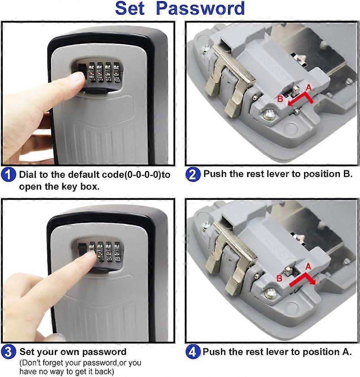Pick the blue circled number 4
coord(193,351)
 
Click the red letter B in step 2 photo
coord(280,100)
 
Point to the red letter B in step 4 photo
coord(280,278)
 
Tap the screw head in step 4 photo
coord(270,294)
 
